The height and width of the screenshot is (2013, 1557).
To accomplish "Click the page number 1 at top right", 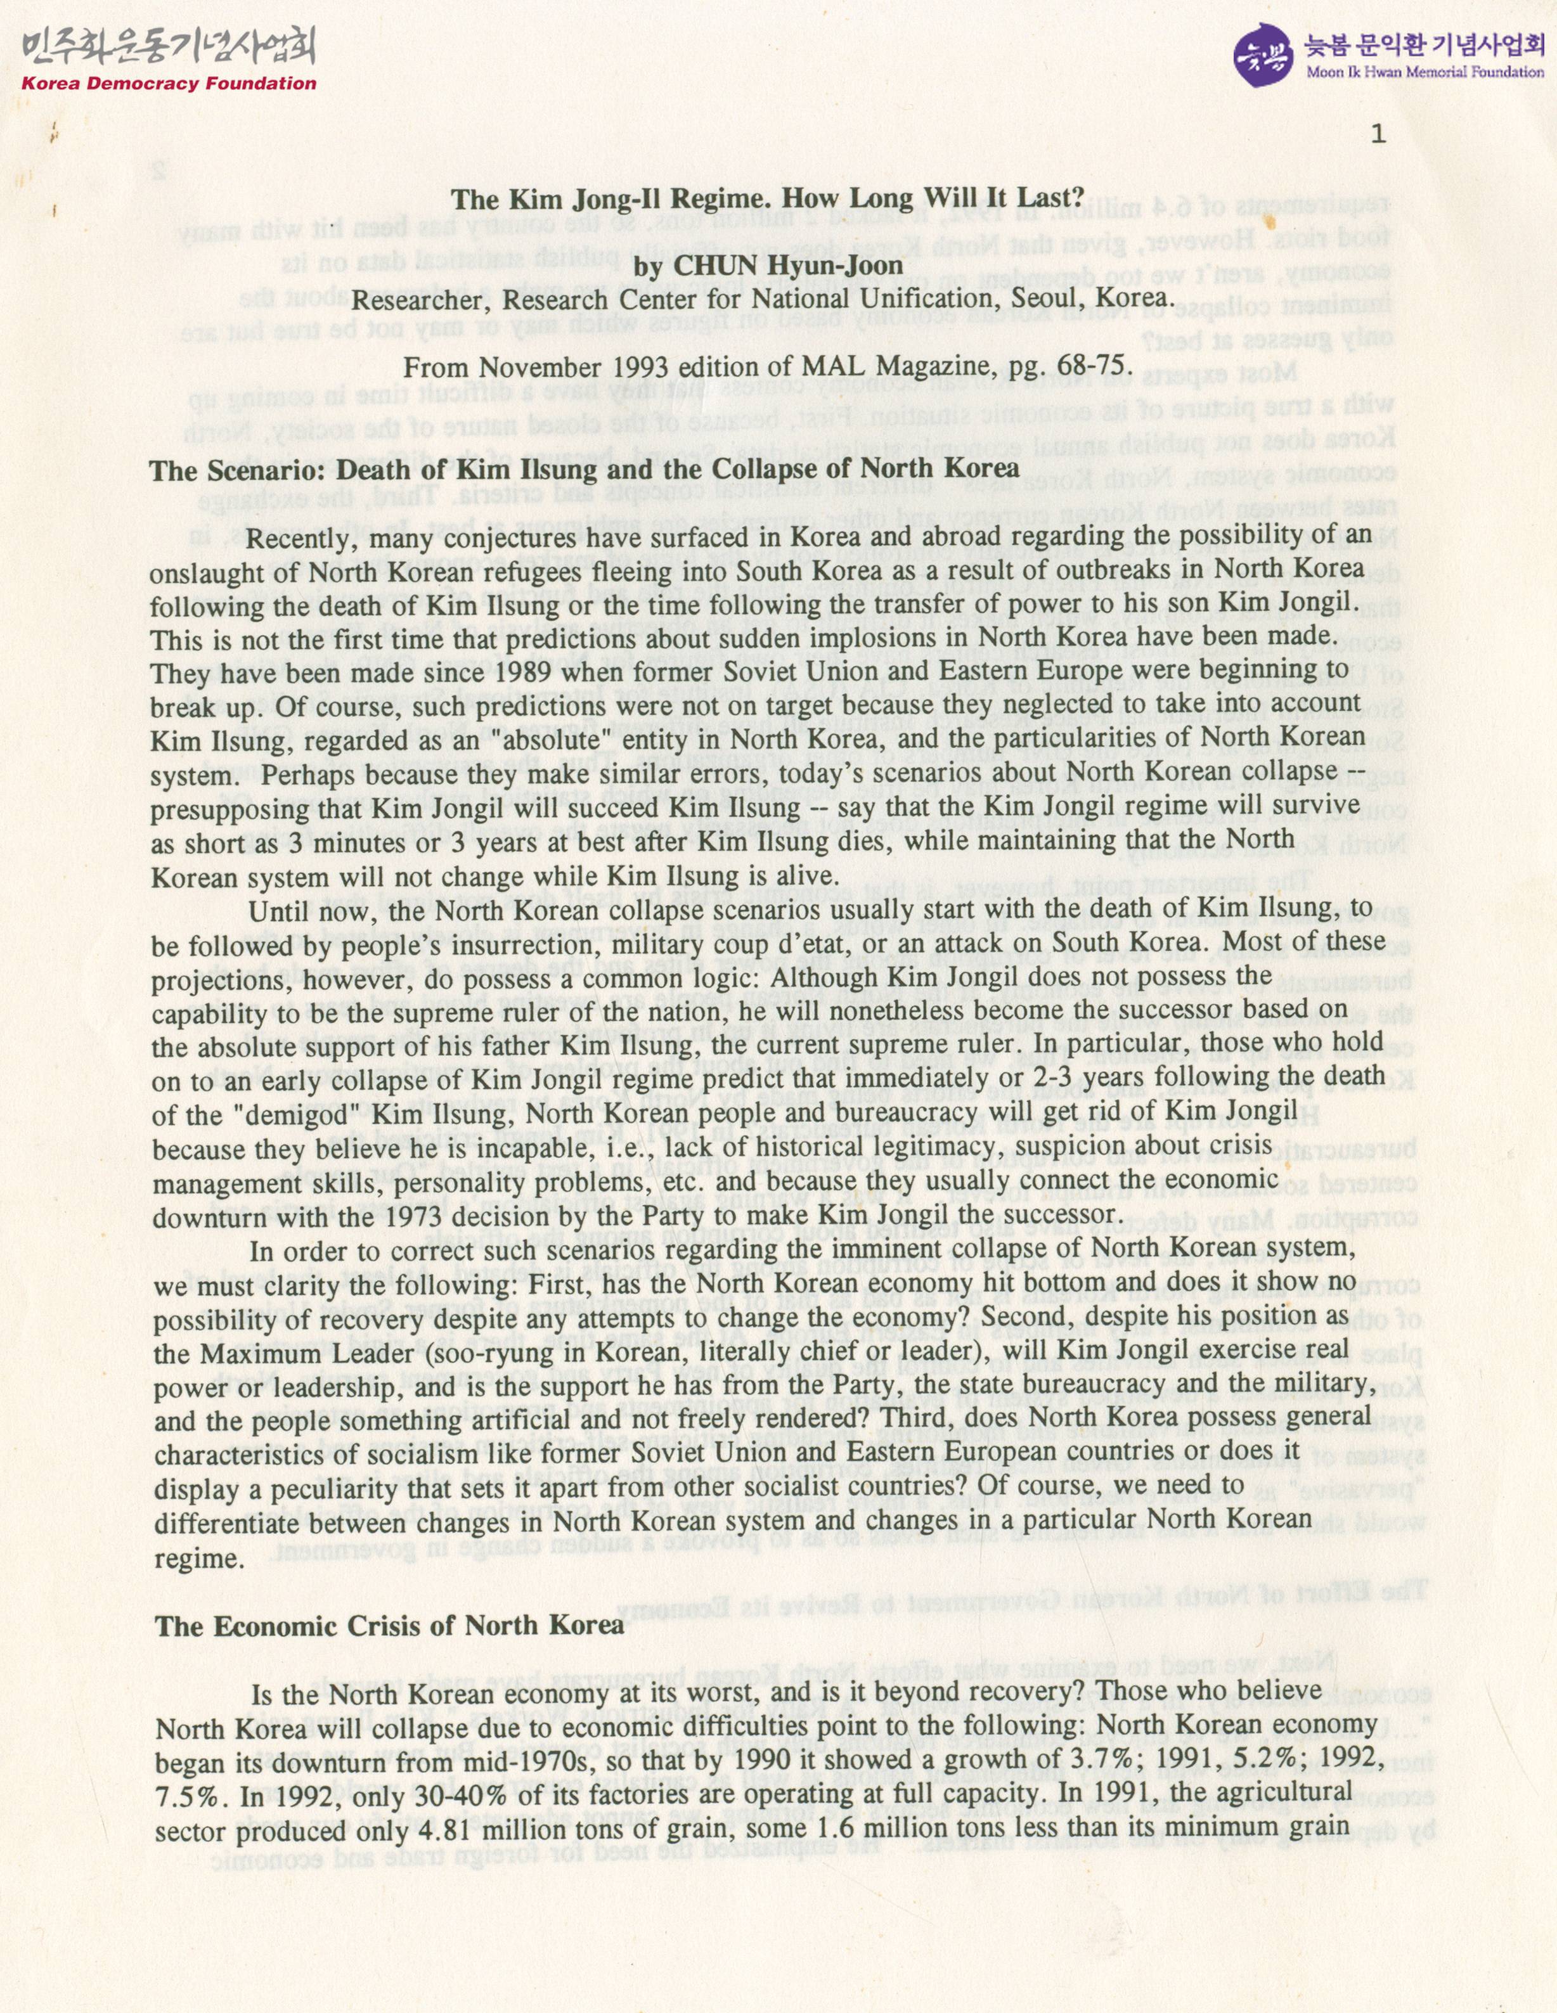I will point(1378,134).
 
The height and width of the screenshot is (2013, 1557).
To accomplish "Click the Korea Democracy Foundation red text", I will point(169,84).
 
